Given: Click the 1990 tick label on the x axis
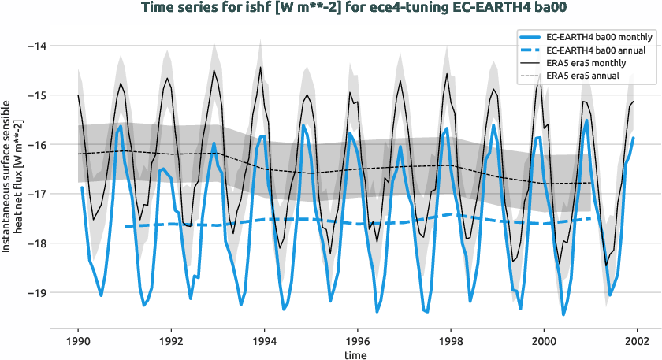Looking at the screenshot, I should coord(78,341).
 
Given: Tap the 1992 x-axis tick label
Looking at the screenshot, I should coord(171,341).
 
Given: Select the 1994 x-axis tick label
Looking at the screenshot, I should coord(264,341).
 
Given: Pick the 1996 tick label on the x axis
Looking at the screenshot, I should coord(358,341).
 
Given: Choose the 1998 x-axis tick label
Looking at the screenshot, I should coord(451,341).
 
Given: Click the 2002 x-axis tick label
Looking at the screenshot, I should coord(637,341).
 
